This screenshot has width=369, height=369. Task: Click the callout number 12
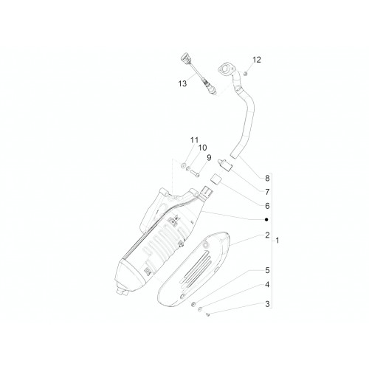pyautogui.click(x=256, y=60)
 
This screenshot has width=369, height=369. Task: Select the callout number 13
pyautogui.click(x=182, y=83)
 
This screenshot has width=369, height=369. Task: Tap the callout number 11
pyautogui.click(x=194, y=140)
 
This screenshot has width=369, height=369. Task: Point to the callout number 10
pyautogui.click(x=202, y=148)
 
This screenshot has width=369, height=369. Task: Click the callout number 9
pyautogui.click(x=209, y=157)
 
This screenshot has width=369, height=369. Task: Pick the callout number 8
pyautogui.click(x=267, y=178)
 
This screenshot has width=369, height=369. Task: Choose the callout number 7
pyautogui.click(x=267, y=192)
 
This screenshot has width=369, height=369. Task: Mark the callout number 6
pyautogui.click(x=267, y=206)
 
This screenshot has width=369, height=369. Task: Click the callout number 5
pyautogui.click(x=267, y=270)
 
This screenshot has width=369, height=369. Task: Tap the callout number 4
pyautogui.click(x=267, y=285)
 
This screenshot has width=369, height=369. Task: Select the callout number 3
pyautogui.click(x=267, y=304)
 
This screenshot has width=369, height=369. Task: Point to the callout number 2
pyautogui.click(x=267, y=235)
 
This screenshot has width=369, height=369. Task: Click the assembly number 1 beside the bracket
pyautogui.click(x=277, y=241)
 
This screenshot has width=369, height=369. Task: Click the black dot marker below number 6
pyautogui.click(x=266, y=219)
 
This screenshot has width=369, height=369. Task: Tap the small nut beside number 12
pyautogui.click(x=245, y=73)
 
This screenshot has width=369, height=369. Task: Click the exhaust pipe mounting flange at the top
pyautogui.click(x=225, y=69)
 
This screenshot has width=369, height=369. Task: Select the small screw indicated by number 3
pyautogui.click(x=207, y=314)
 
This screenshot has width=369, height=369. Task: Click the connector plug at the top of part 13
pyautogui.click(x=185, y=59)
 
